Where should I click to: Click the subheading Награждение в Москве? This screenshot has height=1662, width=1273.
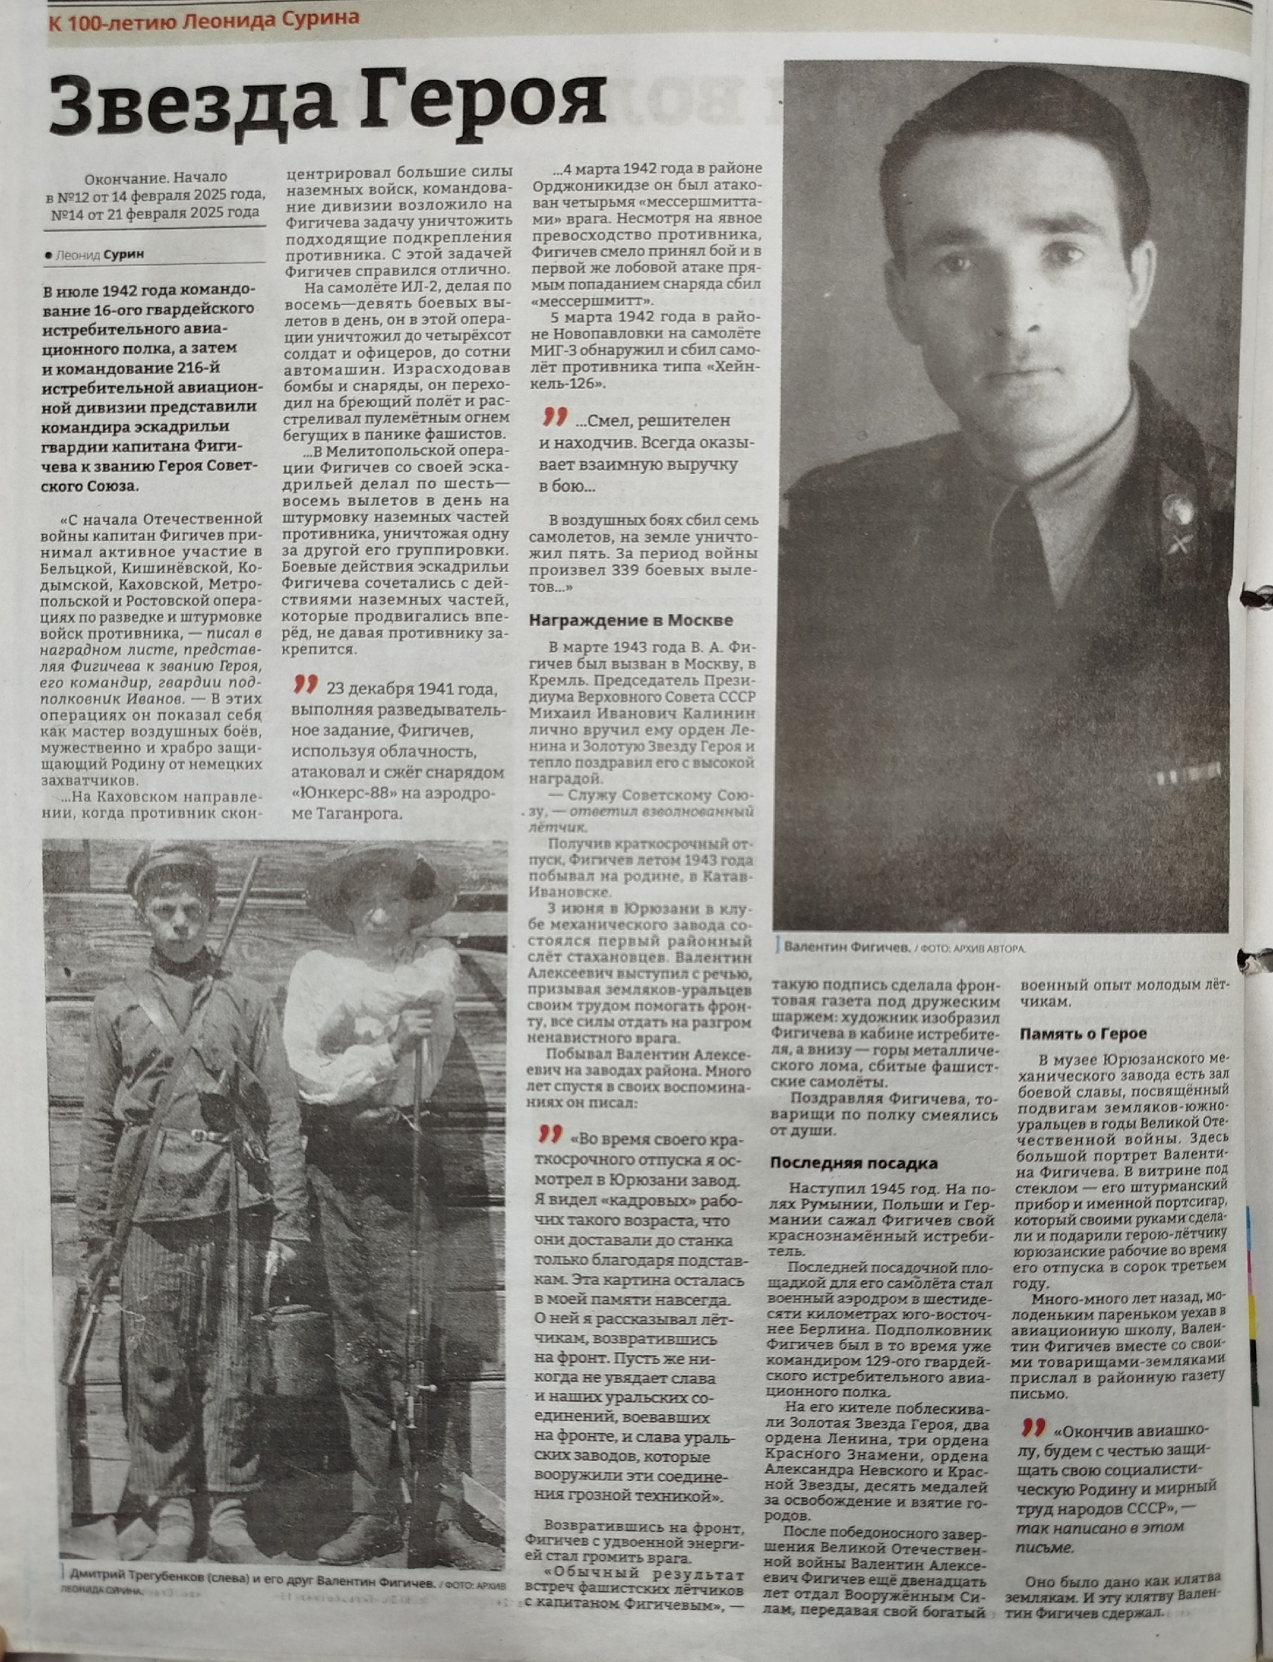(x=630, y=620)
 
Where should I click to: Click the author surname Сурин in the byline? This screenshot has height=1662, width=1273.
(x=123, y=254)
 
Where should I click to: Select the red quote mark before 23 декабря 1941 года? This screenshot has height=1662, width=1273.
(x=304, y=686)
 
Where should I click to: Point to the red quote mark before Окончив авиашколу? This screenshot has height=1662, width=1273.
(x=1033, y=1427)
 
